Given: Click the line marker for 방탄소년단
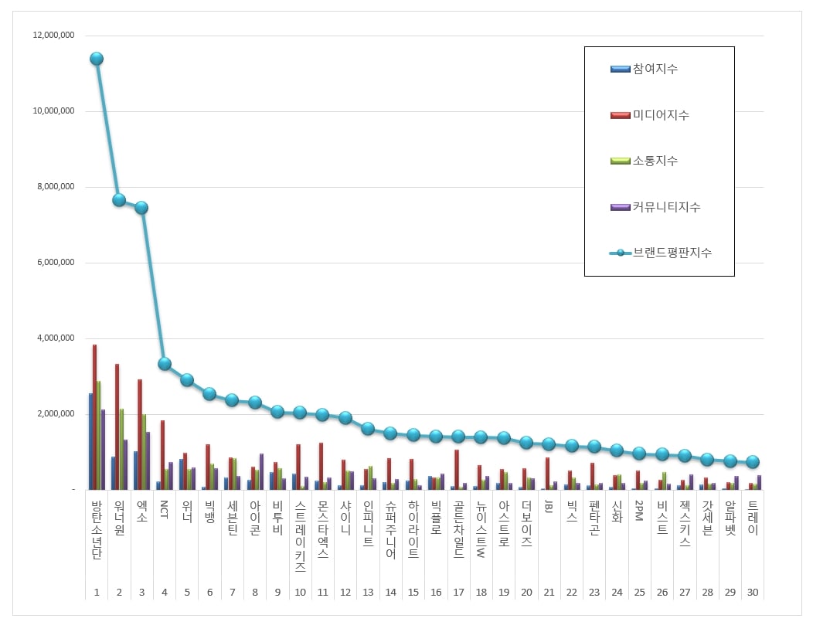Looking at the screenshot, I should [97, 59].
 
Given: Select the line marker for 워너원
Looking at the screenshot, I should [119, 200].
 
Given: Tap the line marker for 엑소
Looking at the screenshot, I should [141, 208].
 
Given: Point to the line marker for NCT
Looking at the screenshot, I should [164, 364].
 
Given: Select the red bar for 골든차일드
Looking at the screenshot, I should [457, 470].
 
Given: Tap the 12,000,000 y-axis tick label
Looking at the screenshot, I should [53, 36].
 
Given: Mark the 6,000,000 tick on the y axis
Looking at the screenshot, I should [56, 263].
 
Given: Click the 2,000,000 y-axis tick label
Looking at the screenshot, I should [56, 414].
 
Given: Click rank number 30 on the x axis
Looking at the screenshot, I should [752, 593].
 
